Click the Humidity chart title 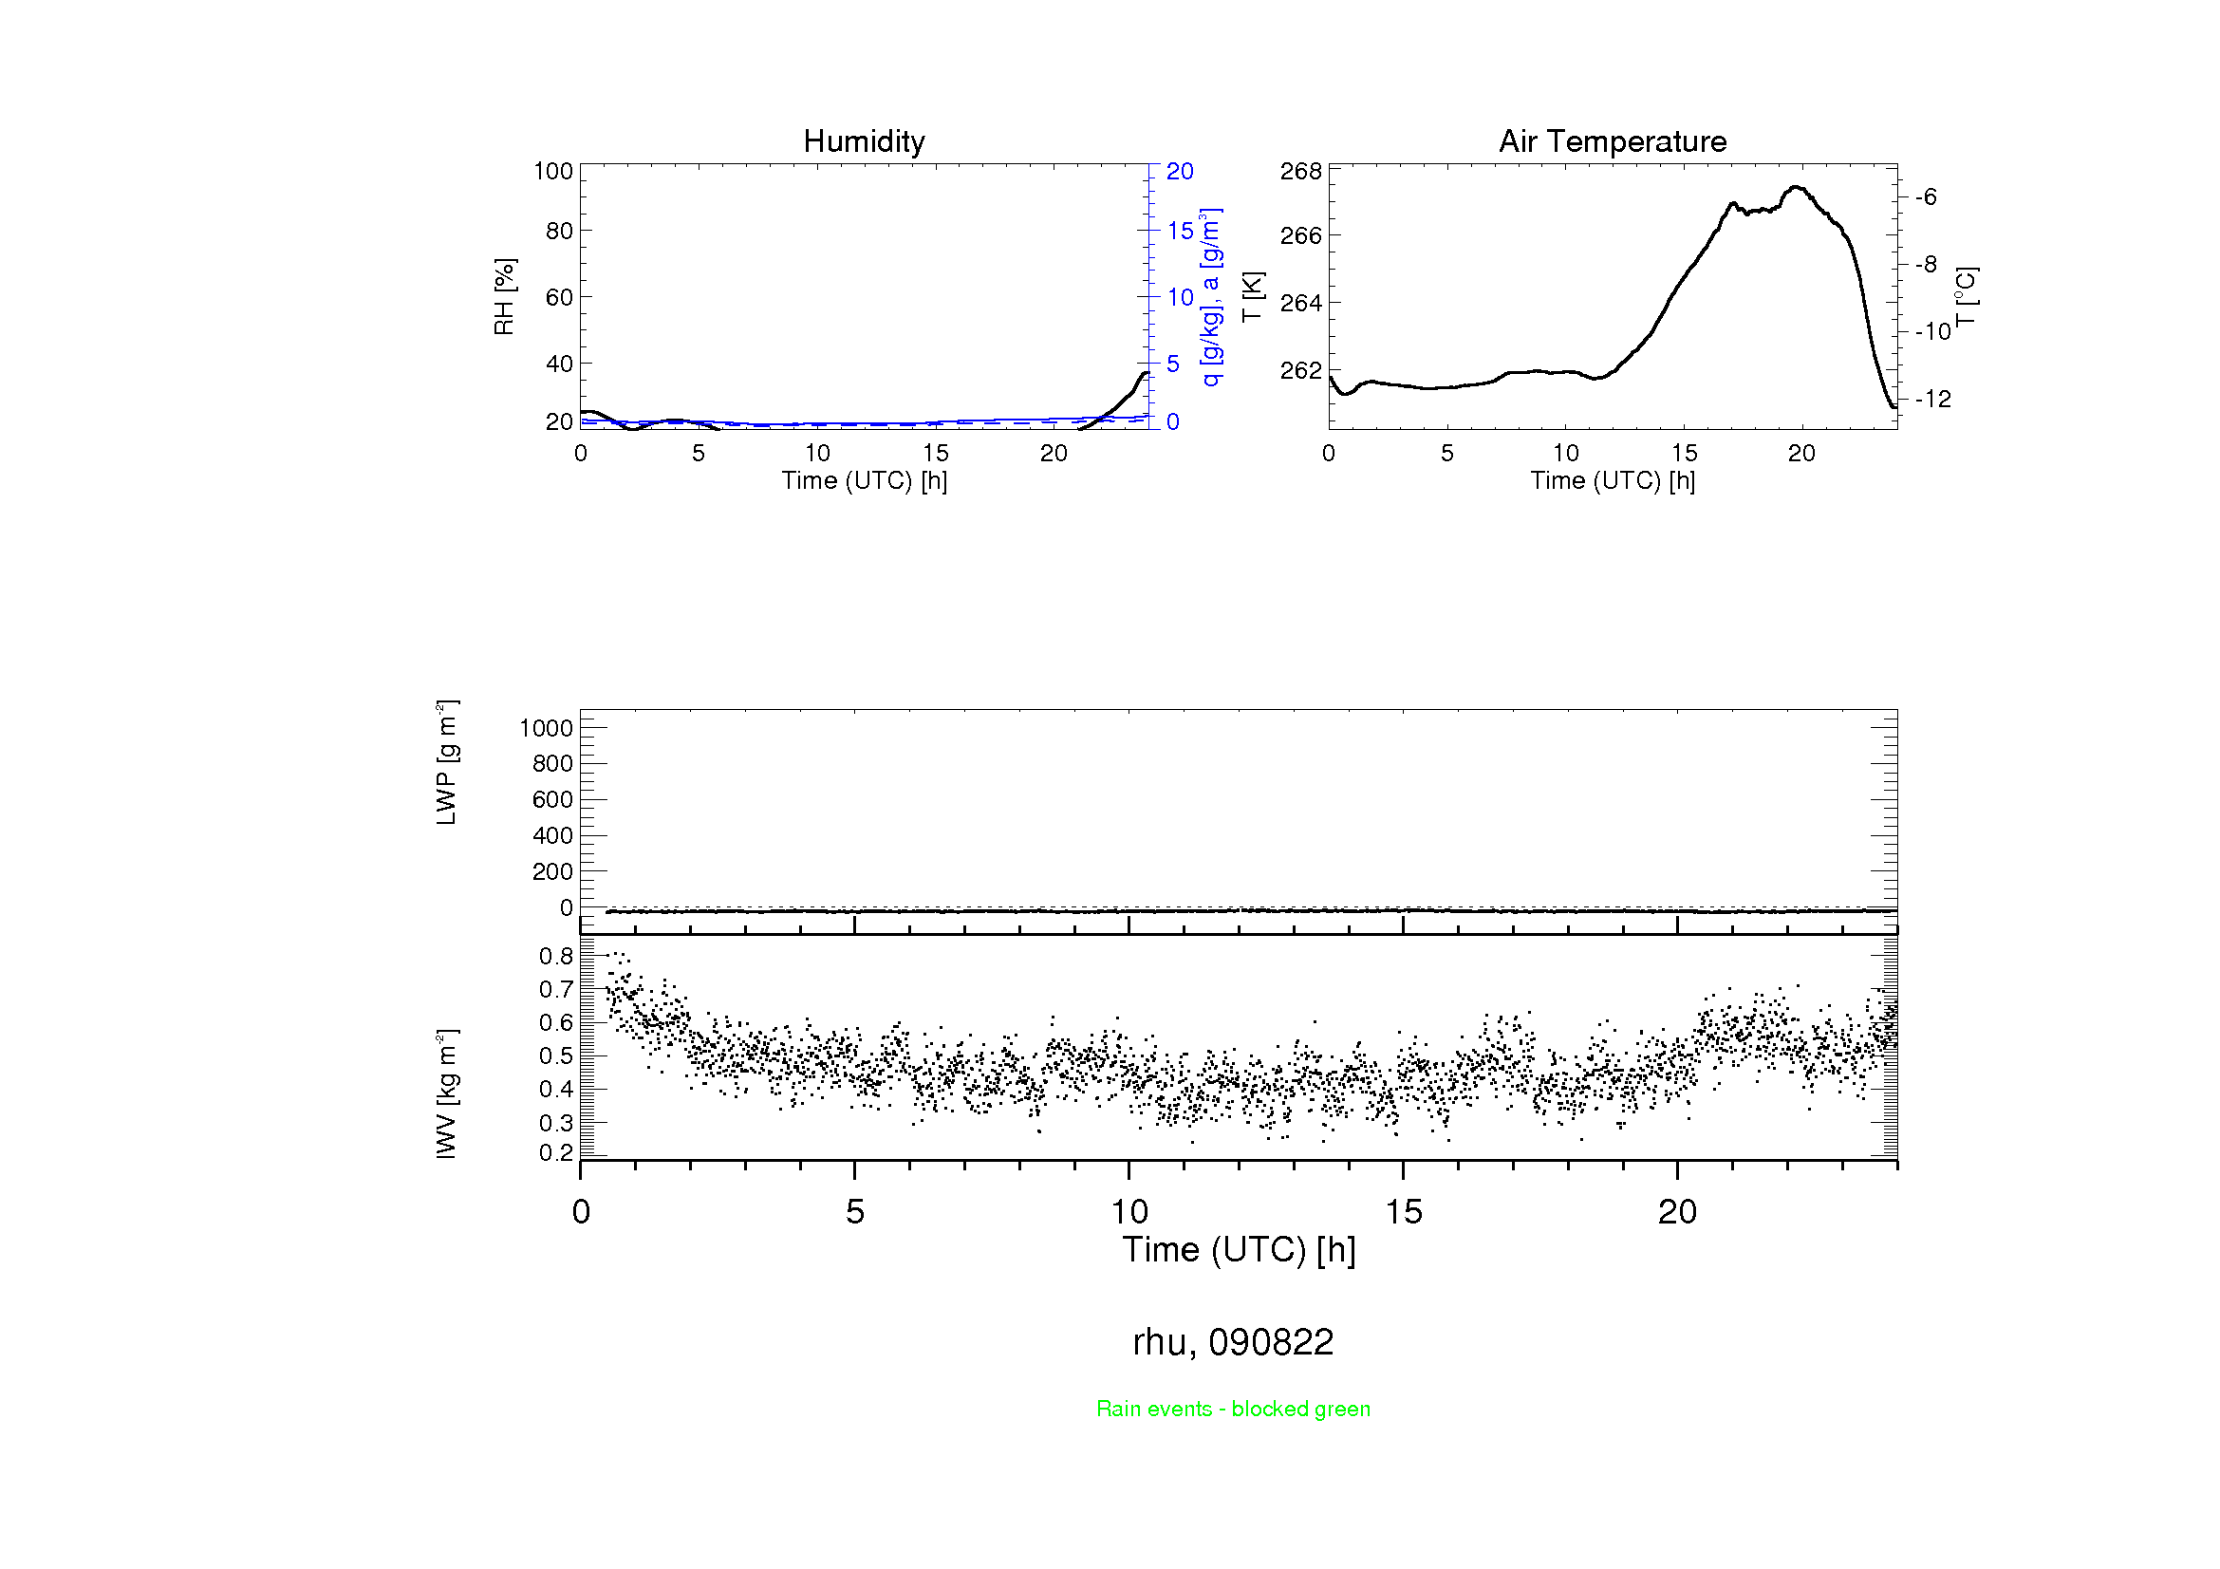(x=864, y=142)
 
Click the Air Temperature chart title (x=1612, y=142)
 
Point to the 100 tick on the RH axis (x=553, y=171)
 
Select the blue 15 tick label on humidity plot (x=1180, y=231)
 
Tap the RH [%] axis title (x=504, y=297)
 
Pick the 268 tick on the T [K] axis (x=1300, y=171)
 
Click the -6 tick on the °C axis (x=1926, y=197)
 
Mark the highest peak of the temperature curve (x=1797, y=187)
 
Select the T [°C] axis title (x=1966, y=297)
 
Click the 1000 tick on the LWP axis (x=547, y=728)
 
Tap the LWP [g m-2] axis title (x=446, y=763)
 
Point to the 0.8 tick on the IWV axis (x=556, y=956)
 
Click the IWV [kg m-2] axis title (x=446, y=1093)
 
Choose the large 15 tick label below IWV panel (x=1403, y=1212)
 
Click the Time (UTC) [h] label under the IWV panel (x=1239, y=1250)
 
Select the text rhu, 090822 (x=1233, y=1342)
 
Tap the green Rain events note (x=1233, y=1409)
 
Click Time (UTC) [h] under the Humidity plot (x=864, y=480)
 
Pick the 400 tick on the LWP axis (x=552, y=835)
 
